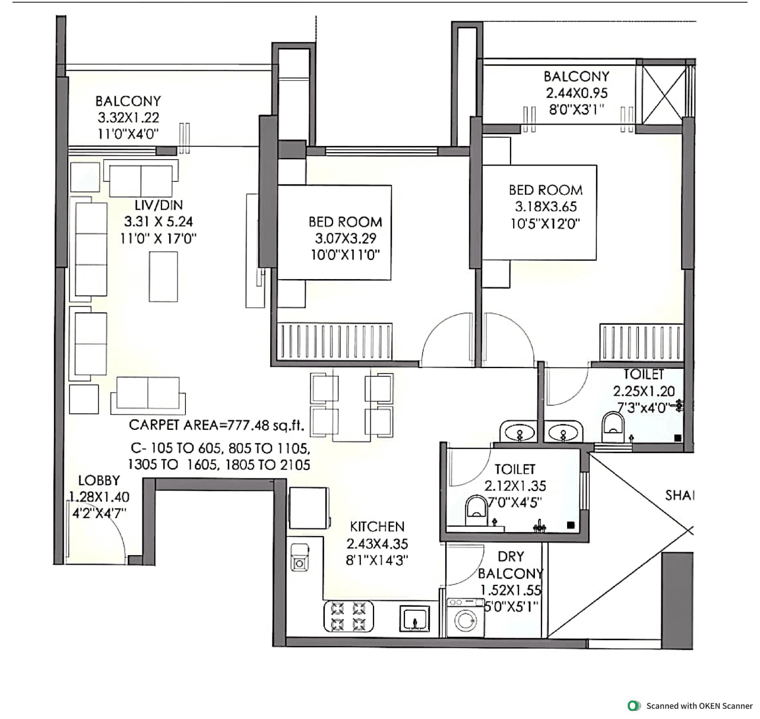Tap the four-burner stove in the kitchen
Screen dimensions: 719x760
tap(348, 616)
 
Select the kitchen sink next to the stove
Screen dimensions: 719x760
tap(414, 618)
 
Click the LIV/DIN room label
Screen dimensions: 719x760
tap(159, 205)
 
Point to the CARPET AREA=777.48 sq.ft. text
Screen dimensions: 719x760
tap(216, 425)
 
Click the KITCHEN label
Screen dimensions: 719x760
tap(377, 527)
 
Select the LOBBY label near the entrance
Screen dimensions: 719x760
tap(99, 480)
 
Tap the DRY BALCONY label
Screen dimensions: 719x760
tap(511, 565)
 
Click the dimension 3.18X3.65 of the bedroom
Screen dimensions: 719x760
tap(546, 207)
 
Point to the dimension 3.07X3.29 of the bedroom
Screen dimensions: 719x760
tap(345, 239)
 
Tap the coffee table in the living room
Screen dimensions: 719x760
tap(163, 277)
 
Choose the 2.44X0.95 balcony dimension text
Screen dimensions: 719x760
tap(577, 93)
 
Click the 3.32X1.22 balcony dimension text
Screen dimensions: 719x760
tap(128, 118)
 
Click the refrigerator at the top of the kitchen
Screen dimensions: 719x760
tap(309, 508)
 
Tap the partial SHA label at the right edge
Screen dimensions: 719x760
tap(679, 495)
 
